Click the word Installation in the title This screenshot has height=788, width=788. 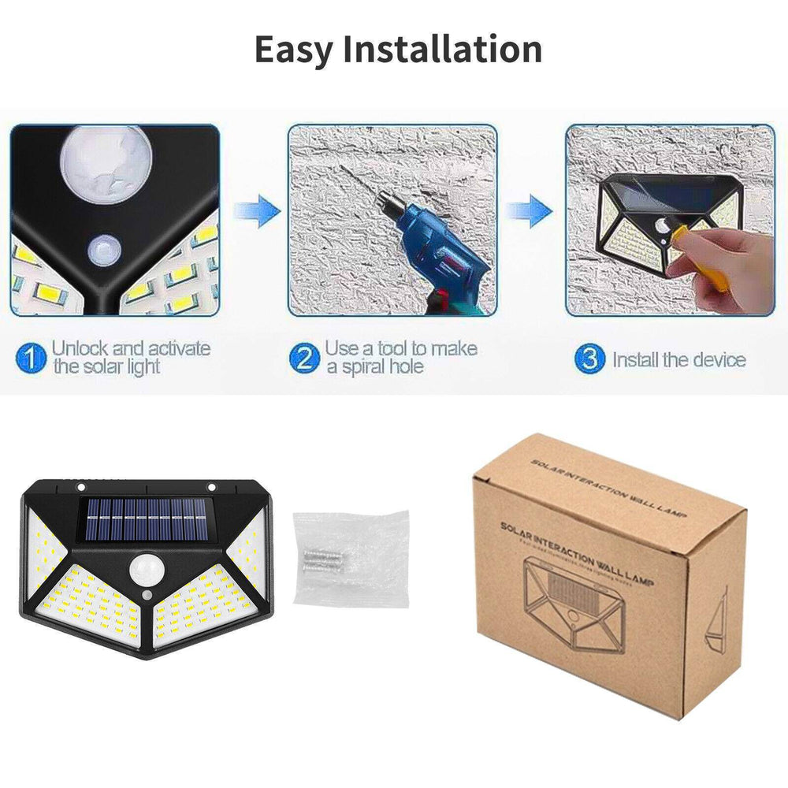point(443,50)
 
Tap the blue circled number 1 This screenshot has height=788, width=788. point(30,359)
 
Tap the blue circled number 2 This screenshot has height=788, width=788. point(304,359)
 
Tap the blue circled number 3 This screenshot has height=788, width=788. point(589,360)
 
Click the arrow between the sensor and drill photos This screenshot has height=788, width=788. point(258,212)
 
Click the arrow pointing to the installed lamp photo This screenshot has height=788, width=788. point(529,212)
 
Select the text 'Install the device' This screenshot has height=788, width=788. point(678,360)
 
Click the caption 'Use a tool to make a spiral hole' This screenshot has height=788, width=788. point(400,357)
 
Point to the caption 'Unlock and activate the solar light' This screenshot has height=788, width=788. point(130,357)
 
